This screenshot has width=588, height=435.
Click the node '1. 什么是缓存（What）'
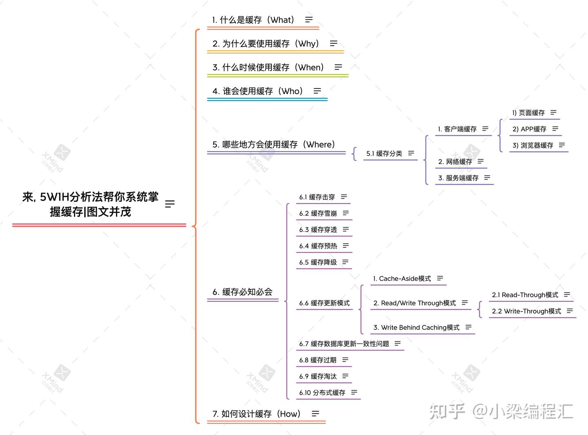(253, 20)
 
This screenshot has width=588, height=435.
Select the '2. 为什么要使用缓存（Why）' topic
(266, 44)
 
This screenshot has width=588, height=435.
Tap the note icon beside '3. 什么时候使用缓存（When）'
(338, 67)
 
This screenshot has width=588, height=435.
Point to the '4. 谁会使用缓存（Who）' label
(258, 91)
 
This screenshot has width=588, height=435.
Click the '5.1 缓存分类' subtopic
(384, 154)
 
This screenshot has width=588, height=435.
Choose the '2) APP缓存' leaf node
(529, 129)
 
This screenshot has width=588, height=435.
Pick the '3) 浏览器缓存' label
(532, 146)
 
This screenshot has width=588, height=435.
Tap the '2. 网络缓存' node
(455, 162)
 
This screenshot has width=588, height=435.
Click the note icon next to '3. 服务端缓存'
(487, 178)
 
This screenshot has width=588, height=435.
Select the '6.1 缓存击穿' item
(317, 197)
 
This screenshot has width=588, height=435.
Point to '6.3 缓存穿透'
(318, 230)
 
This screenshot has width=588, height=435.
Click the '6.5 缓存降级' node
(318, 263)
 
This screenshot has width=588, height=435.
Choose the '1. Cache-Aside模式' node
(402, 279)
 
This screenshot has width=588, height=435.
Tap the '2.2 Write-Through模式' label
(526, 311)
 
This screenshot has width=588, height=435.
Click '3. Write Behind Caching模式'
(416, 328)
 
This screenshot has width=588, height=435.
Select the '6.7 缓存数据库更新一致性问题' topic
(344, 344)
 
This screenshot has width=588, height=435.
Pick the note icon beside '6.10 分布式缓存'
(354, 393)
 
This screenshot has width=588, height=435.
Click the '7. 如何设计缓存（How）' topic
(256, 414)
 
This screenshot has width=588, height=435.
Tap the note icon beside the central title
(170, 204)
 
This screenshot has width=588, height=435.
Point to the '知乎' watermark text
(447, 412)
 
